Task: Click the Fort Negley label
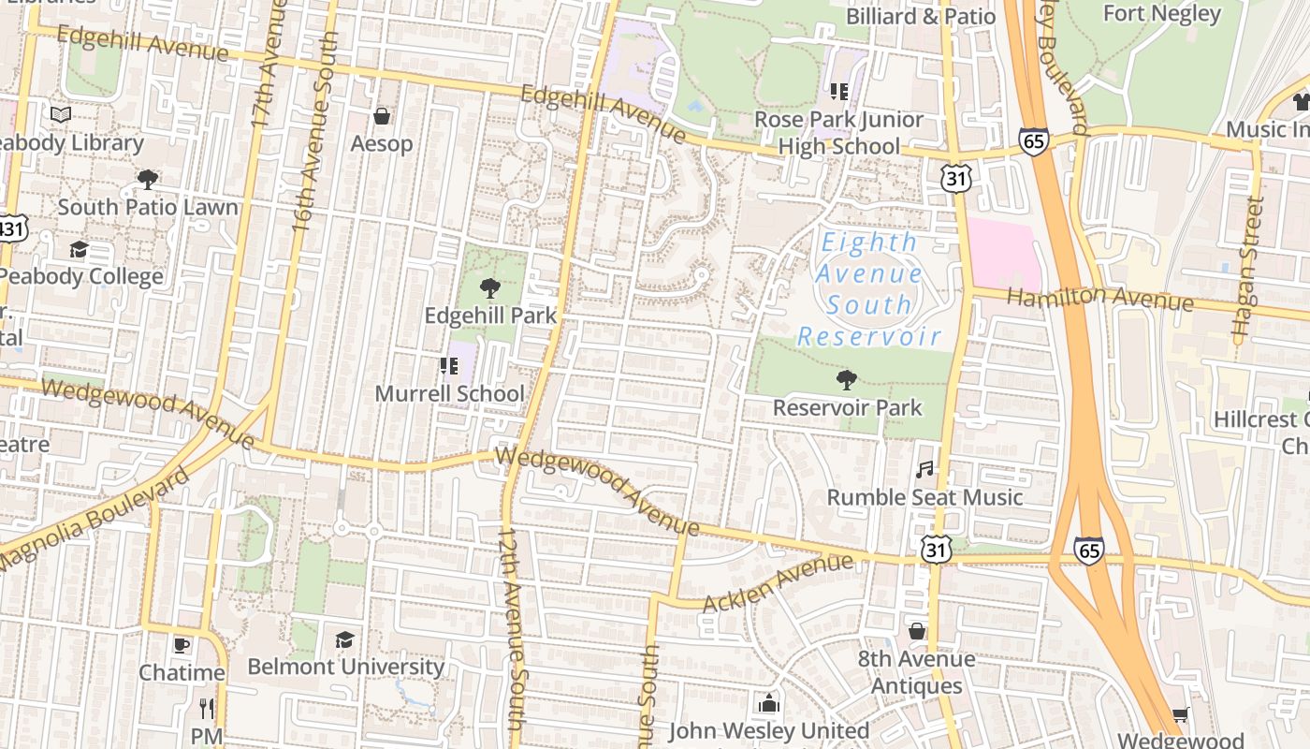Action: [x=1161, y=14]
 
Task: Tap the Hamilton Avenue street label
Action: [x=1099, y=299]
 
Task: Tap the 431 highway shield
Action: [x=11, y=228]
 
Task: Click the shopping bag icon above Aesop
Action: [x=382, y=117]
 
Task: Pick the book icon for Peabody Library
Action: [x=61, y=115]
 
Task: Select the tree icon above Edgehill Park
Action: [x=488, y=287]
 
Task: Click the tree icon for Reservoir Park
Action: [x=846, y=379]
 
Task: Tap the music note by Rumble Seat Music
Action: [x=924, y=469]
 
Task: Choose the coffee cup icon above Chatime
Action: [x=182, y=645]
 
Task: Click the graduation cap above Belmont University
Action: [x=345, y=639]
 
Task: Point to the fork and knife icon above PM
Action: [x=207, y=708]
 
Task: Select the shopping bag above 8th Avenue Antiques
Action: [x=917, y=631]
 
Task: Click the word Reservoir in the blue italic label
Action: [x=868, y=337]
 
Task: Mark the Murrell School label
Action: [x=449, y=393]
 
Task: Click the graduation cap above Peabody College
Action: [x=79, y=249]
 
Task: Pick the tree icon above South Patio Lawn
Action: [x=147, y=179]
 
